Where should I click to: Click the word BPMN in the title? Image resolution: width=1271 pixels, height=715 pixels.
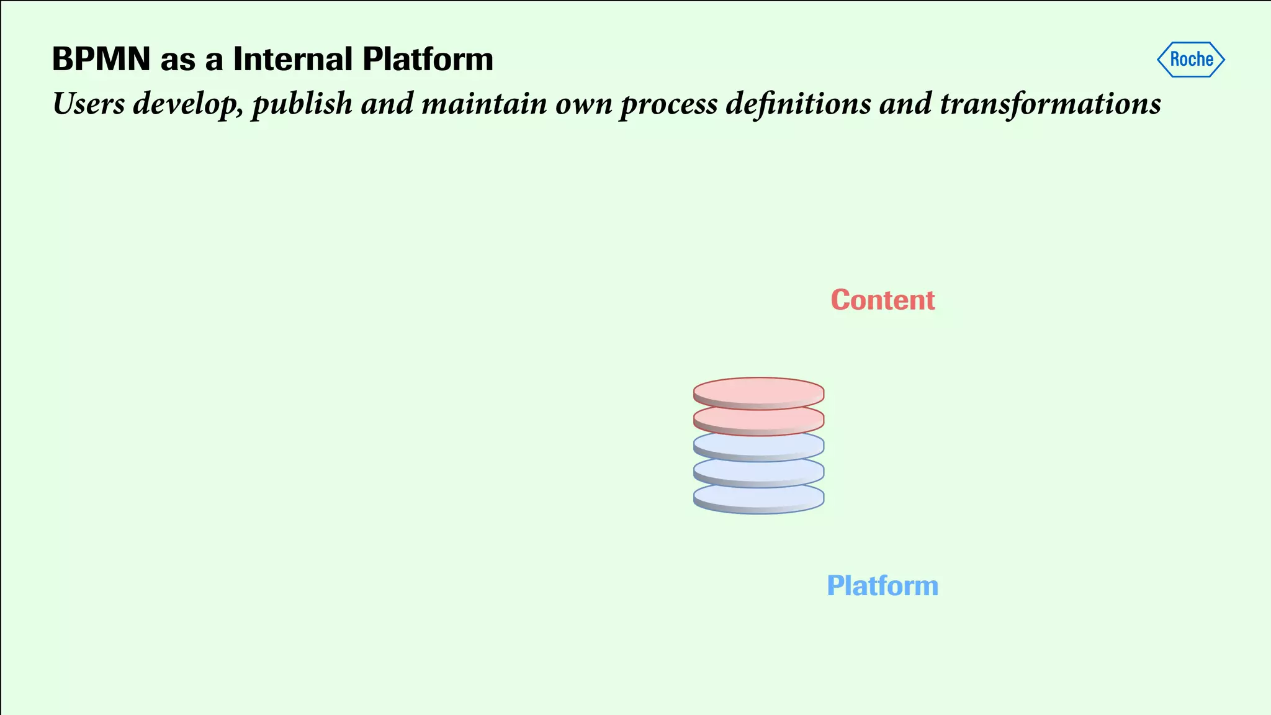point(101,60)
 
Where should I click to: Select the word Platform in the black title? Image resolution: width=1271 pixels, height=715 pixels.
point(428,60)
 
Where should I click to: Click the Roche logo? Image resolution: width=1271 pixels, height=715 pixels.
point(1190,60)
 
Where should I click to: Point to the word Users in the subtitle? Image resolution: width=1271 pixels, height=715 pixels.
point(89,104)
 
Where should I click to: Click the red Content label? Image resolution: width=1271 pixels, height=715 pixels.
point(883,300)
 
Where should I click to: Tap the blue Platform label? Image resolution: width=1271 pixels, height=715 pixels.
point(883,586)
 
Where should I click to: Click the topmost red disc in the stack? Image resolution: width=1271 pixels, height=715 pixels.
point(758,392)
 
